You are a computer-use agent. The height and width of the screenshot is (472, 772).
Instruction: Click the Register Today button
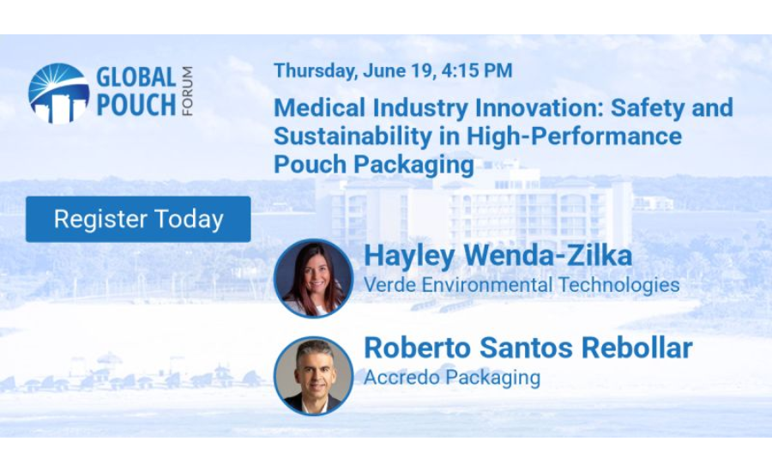pyautogui.click(x=138, y=219)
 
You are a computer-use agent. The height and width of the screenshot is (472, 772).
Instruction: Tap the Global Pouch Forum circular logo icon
pyautogui.click(x=58, y=93)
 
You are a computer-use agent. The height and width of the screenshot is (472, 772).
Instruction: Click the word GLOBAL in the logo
pyautogui.click(x=135, y=78)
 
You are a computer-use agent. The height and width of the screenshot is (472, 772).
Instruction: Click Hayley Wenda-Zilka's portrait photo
pyautogui.click(x=313, y=278)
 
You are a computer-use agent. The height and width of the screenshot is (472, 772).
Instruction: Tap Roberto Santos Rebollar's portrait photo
pyautogui.click(x=313, y=375)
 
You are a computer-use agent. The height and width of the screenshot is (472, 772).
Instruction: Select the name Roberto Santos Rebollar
pyautogui.click(x=528, y=349)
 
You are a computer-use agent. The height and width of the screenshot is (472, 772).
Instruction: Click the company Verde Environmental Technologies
pyautogui.click(x=522, y=285)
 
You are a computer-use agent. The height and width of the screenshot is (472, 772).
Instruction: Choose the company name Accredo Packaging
pyautogui.click(x=452, y=378)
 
